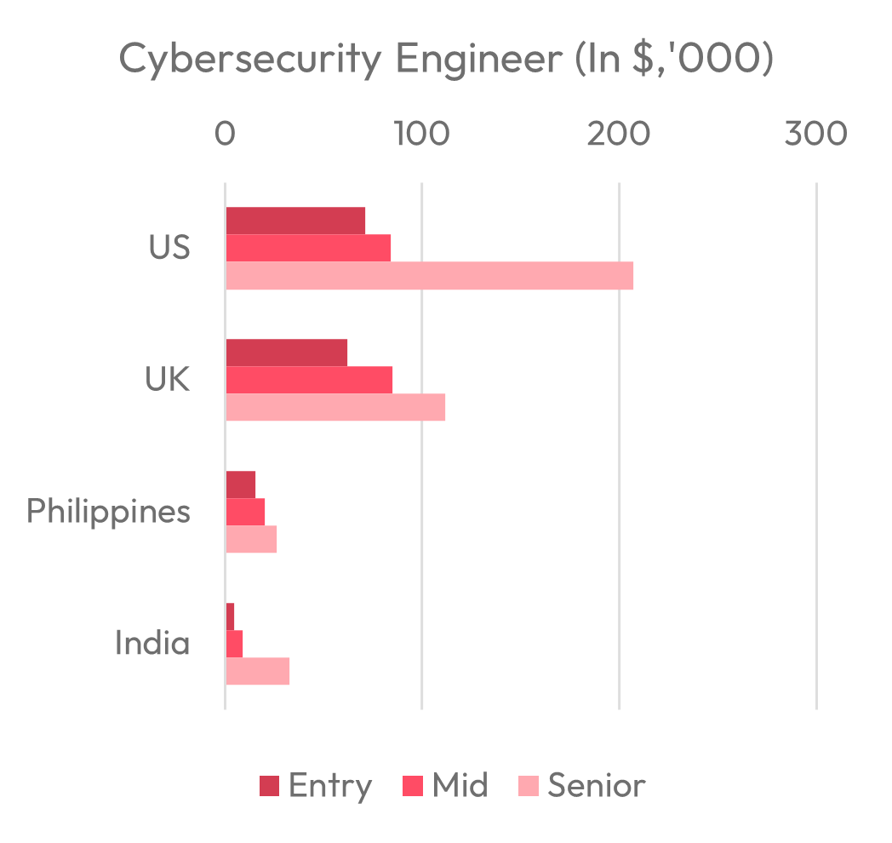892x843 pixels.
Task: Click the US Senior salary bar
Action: pos(429,276)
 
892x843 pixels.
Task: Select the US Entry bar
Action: pos(295,221)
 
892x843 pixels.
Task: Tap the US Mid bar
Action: pos(308,248)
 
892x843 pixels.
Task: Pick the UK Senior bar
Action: pos(335,407)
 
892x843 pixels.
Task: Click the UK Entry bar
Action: pos(286,353)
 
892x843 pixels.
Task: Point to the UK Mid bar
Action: pos(309,380)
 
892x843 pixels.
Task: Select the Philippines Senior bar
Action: pos(251,539)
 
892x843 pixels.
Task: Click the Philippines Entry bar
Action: pos(241,485)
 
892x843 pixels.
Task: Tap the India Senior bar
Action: pos(257,671)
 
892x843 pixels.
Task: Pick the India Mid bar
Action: pos(234,644)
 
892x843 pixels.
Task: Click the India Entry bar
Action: pos(230,616)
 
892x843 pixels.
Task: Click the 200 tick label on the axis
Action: pos(619,135)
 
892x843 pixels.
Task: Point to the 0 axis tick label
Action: pos(225,135)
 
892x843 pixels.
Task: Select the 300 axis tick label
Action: pos(816,135)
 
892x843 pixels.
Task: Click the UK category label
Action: pos(168,380)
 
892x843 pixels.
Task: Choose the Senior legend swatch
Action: pos(529,786)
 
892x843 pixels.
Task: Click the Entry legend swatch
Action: pos(269,786)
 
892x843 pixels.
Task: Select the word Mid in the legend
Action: pos(460,785)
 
